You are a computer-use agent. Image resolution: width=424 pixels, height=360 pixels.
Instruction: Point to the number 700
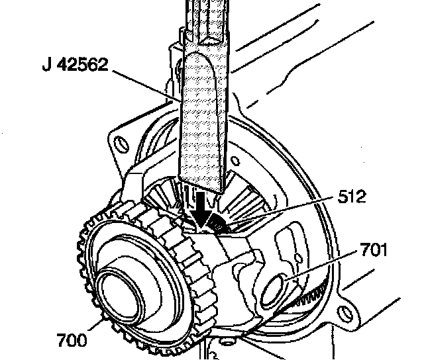[71, 340]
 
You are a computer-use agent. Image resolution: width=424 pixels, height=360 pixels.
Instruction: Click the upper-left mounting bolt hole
[121, 141]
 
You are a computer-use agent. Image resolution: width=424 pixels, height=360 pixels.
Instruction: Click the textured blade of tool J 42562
[203, 119]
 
